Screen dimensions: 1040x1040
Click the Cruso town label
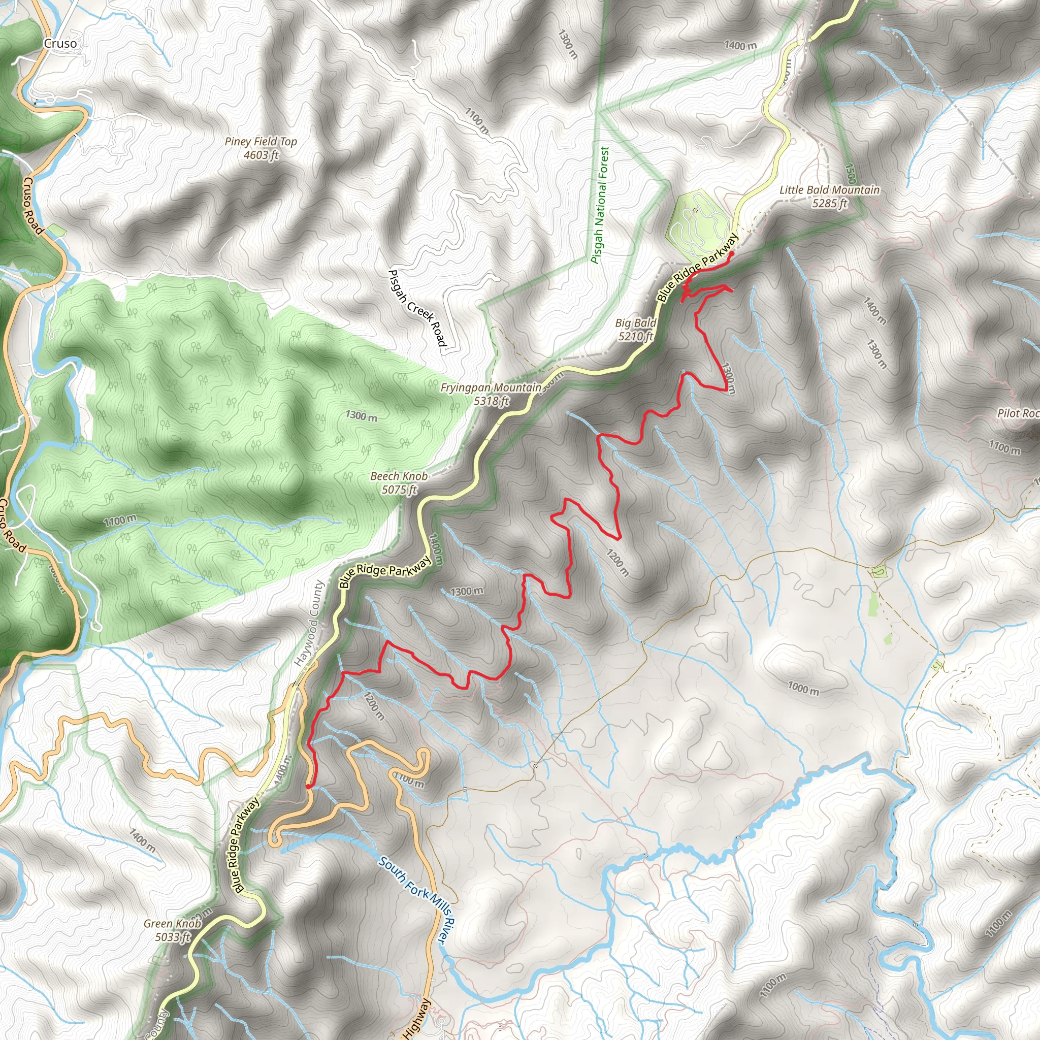tap(60, 44)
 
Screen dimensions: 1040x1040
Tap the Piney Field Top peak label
tap(261, 148)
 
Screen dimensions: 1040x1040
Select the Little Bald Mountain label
tap(830, 196)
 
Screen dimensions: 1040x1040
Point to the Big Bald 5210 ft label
tap(636, 330)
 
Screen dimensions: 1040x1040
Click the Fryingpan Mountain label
tap(491, 394)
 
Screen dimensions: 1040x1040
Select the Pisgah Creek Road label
tap(417, 308)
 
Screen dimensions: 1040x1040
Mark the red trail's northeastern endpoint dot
tap(732, 253)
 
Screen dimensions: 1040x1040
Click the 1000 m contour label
tap(803, 688)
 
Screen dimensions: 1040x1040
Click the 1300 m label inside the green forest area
tap(361, 416)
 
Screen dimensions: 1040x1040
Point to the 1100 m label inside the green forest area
tap(120, 521)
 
